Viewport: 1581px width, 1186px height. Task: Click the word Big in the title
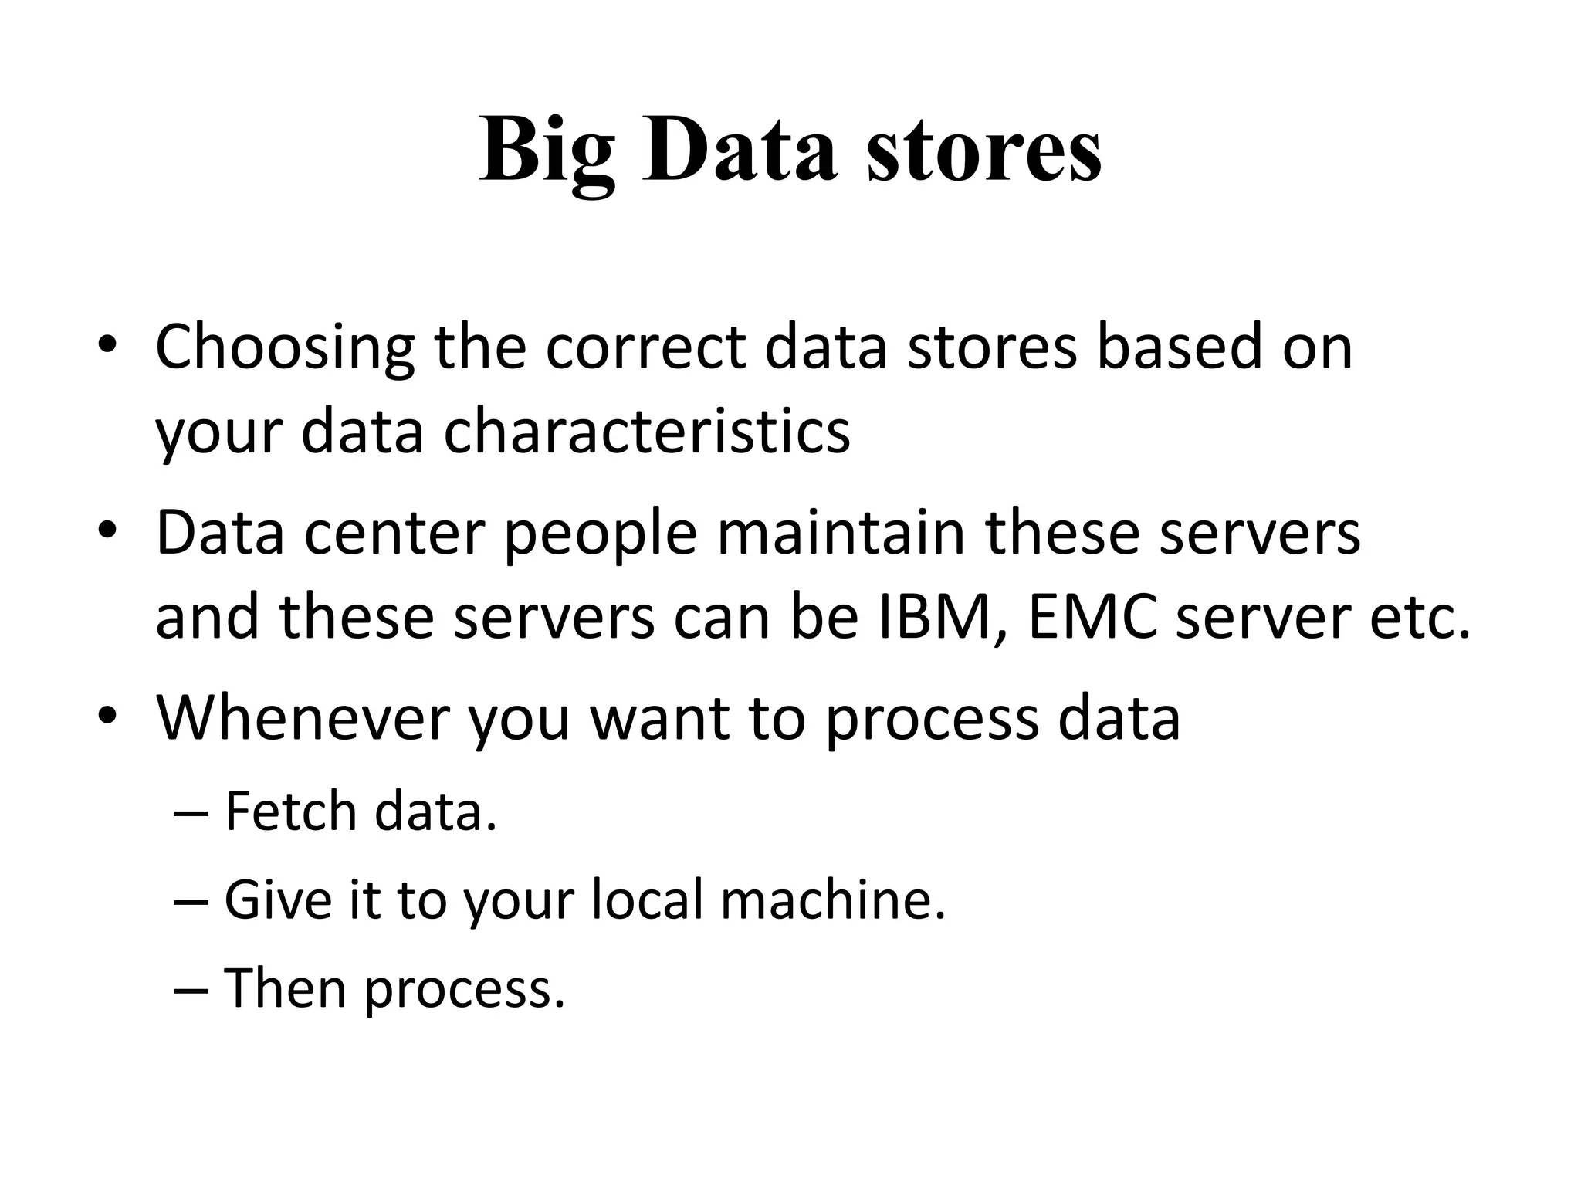(x=547, y=151)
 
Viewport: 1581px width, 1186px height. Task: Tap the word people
(x=601, y=534)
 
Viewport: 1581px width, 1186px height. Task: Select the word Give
(x=279, y=900)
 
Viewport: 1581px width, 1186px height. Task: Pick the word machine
(x=833, y=900)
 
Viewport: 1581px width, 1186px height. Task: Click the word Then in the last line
(x=285, y=988)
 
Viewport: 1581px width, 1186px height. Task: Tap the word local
(x=648, y=900)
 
